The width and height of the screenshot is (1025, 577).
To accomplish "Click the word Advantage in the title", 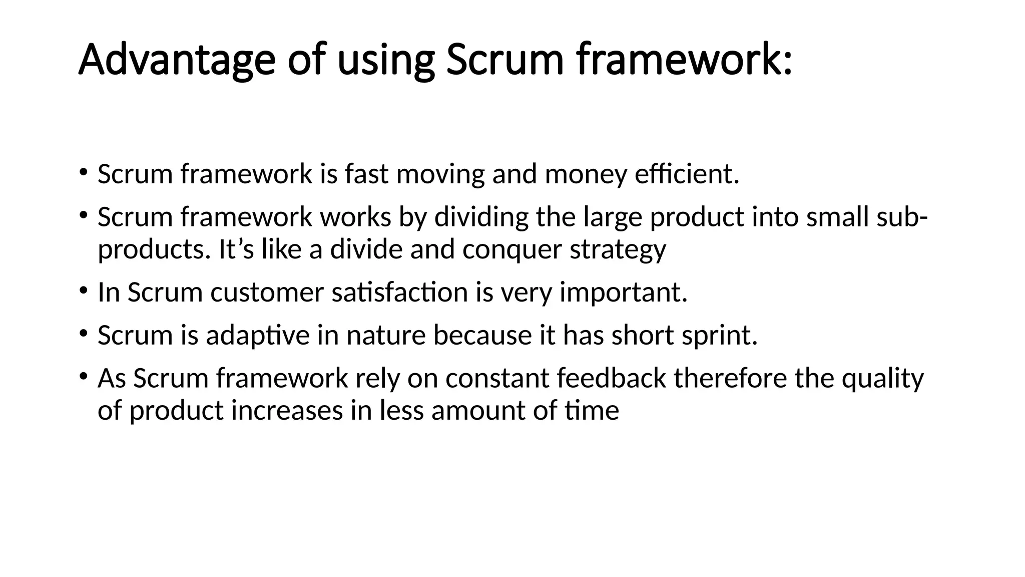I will [x=177, y=60].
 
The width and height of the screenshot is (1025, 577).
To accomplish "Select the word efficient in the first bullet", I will [x=686, y=174].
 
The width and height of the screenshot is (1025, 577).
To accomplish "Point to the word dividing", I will [x=481, y=217].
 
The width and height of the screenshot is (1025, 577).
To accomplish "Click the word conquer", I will [x=512, y=250].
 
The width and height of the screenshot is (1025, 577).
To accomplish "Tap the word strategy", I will [x=618, y=250].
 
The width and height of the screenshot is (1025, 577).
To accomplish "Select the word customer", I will [x=267, y=293].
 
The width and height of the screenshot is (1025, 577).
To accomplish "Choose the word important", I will [x=623, y=293].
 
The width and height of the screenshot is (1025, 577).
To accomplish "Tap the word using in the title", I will [x=385, y=61].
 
